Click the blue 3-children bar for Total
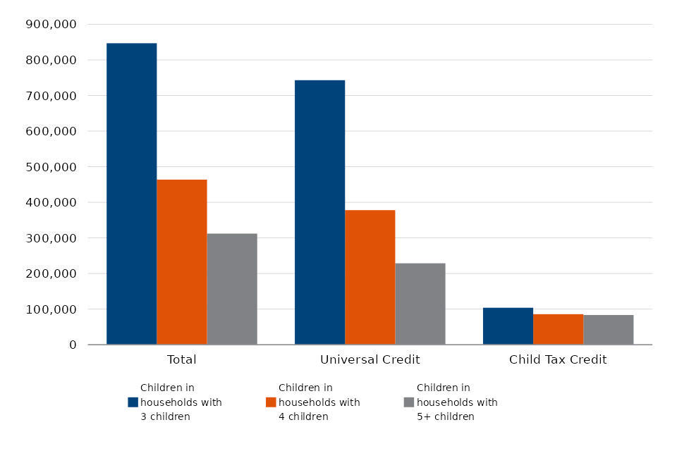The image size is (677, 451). click(131, 194)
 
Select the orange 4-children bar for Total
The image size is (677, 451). click(182, 262)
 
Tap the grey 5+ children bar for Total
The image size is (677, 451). click(232, 289)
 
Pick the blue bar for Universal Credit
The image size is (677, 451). click(319, 212)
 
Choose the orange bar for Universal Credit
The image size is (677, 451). click(370, 277)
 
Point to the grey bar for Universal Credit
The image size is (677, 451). click(420, 304)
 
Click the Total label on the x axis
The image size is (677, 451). click(181, 360)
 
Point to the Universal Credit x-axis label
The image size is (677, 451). click(370, 360)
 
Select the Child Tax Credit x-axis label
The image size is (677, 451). click(558, 360)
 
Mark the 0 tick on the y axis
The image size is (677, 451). click(71, 345)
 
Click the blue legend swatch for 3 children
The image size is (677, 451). click(133, 402)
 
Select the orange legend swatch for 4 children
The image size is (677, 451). click(271, 402)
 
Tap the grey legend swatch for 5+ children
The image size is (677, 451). click(409, 402)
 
